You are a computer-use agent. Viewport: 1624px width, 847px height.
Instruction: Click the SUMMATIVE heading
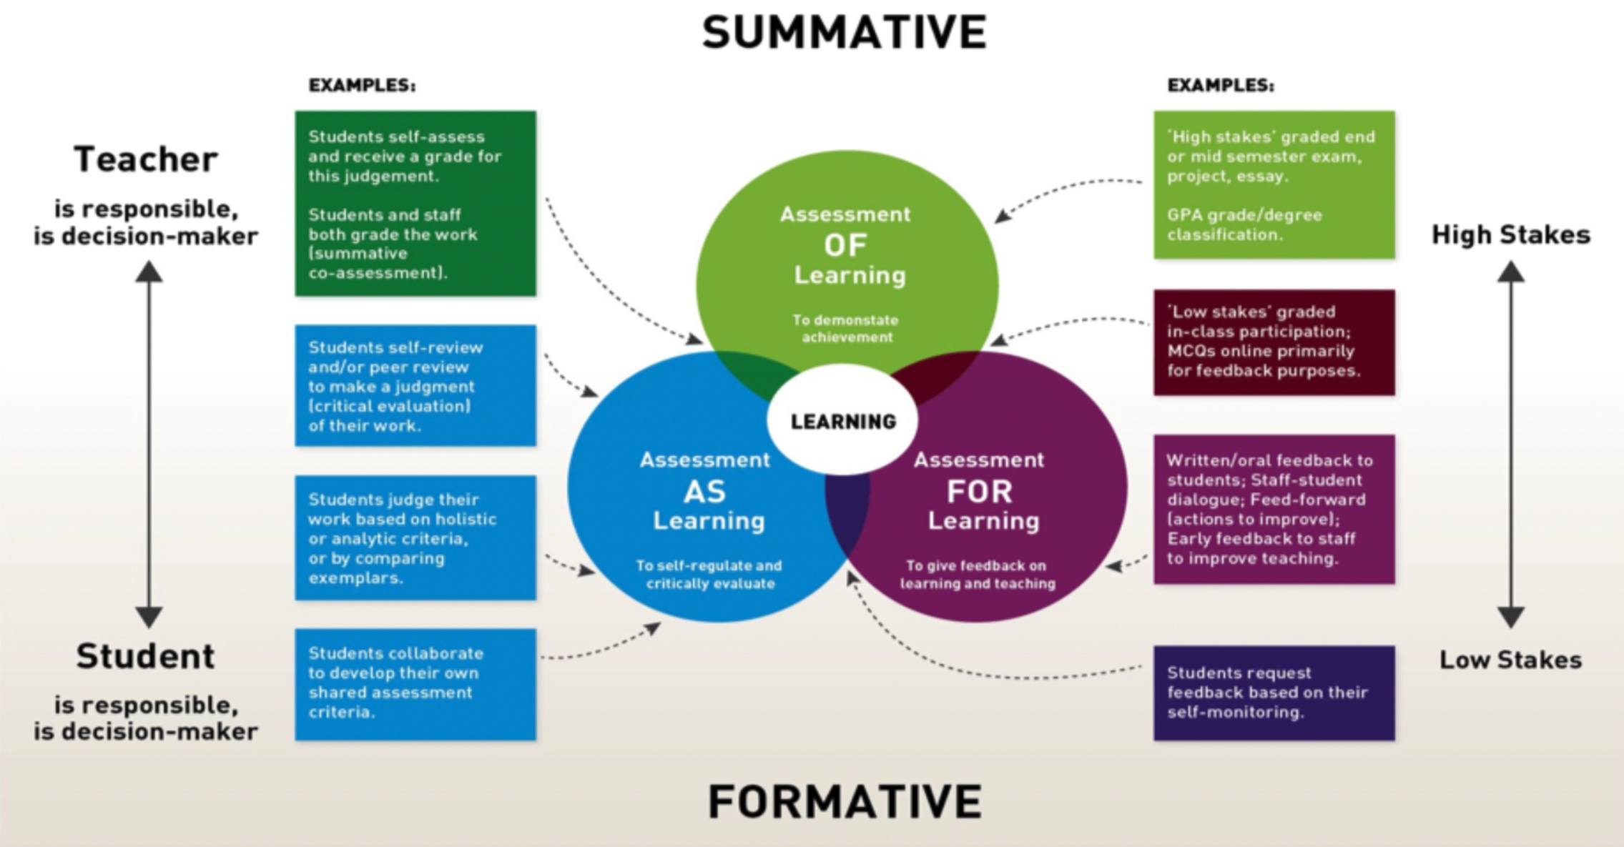tap(845, 32)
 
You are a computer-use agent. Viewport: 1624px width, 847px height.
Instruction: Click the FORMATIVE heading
tap(845, 801)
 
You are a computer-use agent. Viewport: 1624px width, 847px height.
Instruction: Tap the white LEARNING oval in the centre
tap(843, 421)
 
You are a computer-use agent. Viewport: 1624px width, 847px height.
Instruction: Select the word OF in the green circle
tap(845, 245)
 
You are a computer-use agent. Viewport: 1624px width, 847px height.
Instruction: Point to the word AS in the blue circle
tap(705, 492)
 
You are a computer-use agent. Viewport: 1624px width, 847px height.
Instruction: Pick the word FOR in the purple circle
tap(980, 492)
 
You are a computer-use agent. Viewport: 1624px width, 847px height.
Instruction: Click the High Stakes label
tap(1510, 234)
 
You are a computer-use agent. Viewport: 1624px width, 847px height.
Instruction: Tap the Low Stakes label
tap(1510, 660)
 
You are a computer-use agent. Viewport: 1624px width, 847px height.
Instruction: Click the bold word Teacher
tap(146, 159)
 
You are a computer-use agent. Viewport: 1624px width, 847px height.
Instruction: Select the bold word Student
tap(146, 656)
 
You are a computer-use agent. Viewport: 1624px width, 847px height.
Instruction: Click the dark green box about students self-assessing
tap(415, 204)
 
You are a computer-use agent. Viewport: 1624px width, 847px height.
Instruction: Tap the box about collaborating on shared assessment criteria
tap(415, 683)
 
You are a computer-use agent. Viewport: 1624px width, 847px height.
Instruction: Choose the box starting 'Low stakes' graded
tap(1274, 342)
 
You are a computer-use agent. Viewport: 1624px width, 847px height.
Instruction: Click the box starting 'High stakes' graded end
tap(1274, 184)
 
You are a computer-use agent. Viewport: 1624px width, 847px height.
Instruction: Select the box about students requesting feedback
tap(1274, 692)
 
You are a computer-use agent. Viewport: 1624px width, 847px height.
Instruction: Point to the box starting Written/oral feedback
tap(1274, 509)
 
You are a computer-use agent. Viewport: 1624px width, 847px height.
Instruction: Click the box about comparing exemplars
tap(415, 538)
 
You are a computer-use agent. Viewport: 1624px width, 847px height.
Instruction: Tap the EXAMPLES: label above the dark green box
tap(362, 85)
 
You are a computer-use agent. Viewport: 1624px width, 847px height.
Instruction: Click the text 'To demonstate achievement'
tap(846, 329)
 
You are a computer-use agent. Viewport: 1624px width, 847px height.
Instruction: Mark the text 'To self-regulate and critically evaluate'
tap(709, 575)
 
